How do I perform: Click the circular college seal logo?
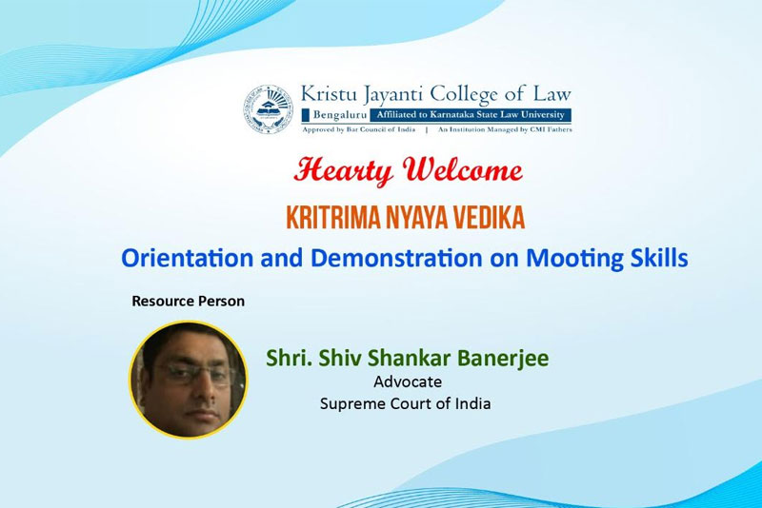(x=269, y=109)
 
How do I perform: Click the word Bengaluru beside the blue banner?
(x=340, y=115)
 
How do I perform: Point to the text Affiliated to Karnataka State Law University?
(x=471, y=115)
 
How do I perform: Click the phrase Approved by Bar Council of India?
(x=359, y=129)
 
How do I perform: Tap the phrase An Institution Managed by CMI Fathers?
(x=505, y=129)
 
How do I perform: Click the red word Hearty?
(x=344, y=171)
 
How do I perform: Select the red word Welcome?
(x=463, y=170)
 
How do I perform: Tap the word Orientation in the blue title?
(x=187, y=258)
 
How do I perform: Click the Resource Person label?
(x=188, y=301)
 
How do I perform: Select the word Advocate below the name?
(x=408, y=381)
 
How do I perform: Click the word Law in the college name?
(x=552, y=93)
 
